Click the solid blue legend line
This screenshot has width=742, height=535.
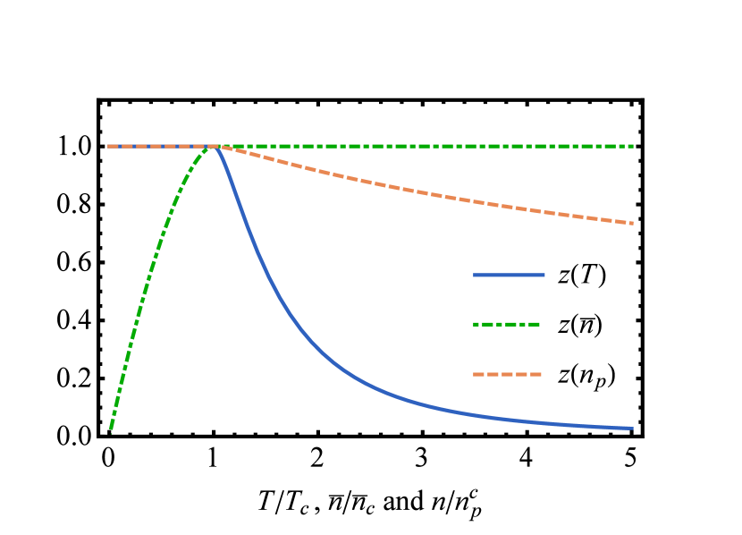[509, 275]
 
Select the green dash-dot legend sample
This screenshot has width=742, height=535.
[506, 324]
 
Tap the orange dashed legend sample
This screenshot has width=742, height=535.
[507, 374]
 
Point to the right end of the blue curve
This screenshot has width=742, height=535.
[632, 429]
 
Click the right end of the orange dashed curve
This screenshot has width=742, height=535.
[632, 223]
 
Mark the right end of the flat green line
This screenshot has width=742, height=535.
[633, 146]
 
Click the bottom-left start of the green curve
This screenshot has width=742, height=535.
[111, 431]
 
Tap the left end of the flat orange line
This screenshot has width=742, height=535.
[109, 146]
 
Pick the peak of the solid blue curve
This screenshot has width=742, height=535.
[215, 147]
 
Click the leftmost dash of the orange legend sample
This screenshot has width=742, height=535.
[478, 374]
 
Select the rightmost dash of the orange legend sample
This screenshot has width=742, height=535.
[535, 374]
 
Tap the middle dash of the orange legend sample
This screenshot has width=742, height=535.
[507, 374]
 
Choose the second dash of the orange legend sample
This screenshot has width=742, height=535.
[493, 374]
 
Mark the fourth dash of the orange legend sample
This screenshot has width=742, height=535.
[521, 374]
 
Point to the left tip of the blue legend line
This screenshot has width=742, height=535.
[475, 275]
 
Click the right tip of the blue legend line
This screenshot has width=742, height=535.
[544, 275]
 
